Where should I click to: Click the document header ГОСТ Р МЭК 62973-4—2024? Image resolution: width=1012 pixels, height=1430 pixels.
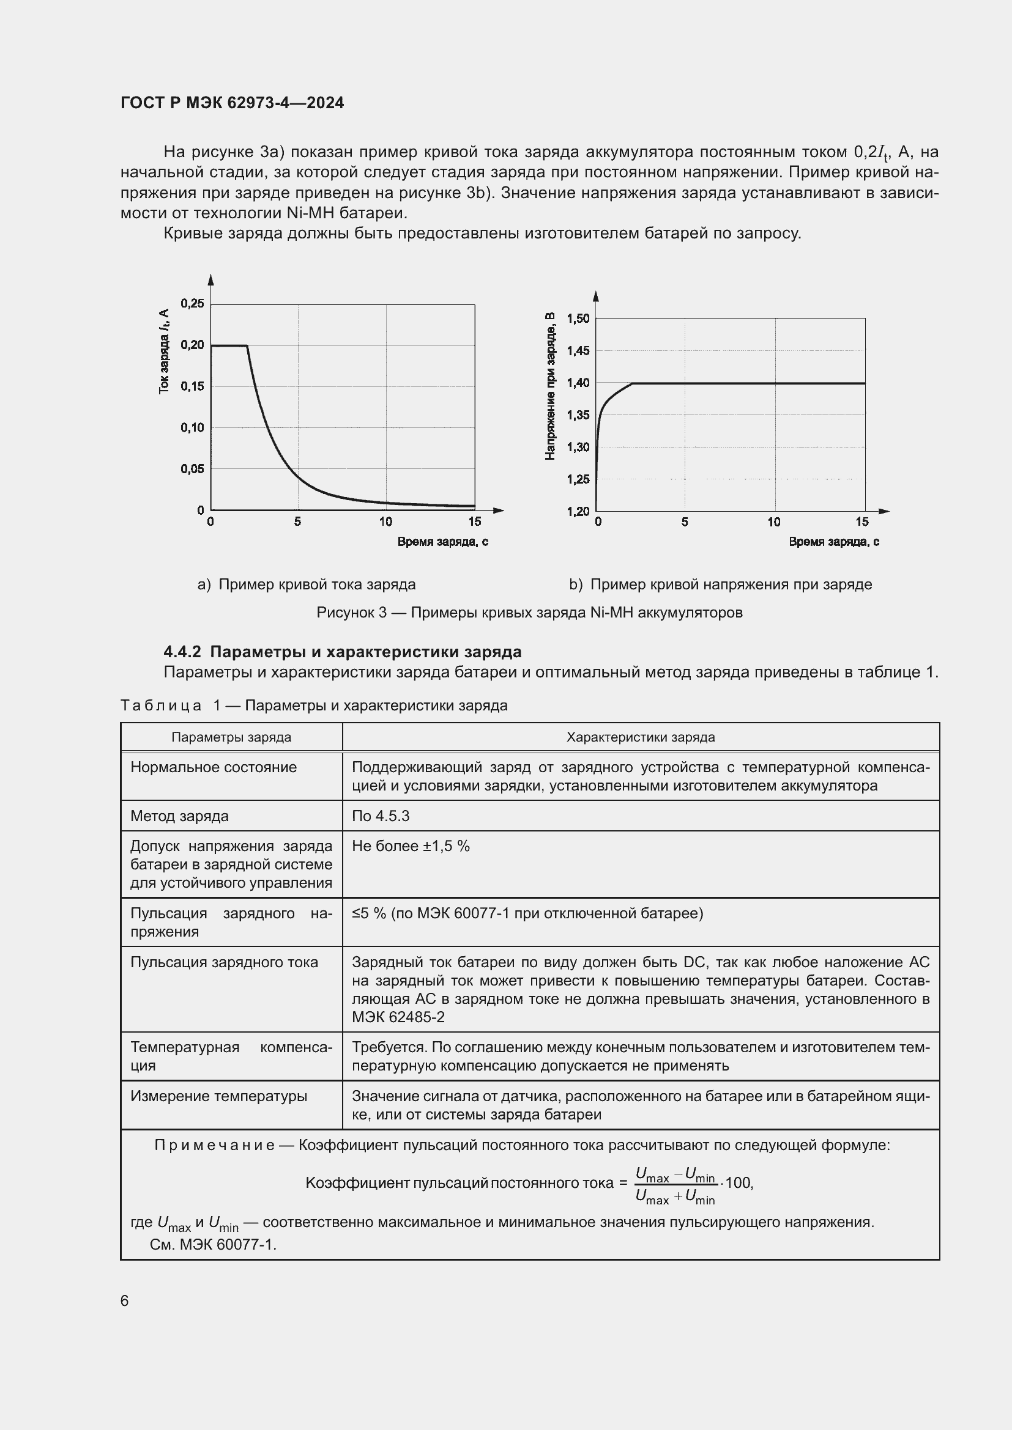pos(232,103)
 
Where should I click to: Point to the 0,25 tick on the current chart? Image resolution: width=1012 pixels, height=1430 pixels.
pos(192,303)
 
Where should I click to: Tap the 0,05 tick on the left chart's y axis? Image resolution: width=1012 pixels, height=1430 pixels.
pos(192,469)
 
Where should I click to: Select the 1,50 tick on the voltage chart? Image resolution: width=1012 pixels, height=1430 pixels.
pos(578,319)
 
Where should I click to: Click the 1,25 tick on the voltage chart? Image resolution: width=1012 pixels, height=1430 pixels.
pos(578,479)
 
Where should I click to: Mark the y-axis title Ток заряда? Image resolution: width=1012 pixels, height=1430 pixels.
pos(164,352)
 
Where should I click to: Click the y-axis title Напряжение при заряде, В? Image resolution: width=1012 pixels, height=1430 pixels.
pos(549,386)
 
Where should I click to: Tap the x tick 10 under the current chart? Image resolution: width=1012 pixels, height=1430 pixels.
pos(385,522)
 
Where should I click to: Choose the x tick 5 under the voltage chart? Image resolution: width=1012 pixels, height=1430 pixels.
pos(684,522)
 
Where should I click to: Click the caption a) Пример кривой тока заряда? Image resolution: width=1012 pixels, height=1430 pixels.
pos(307,584)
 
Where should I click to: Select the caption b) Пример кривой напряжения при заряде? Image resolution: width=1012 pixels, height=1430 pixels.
pos(720,584)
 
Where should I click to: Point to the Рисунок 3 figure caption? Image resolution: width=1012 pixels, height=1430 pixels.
pos(529,612)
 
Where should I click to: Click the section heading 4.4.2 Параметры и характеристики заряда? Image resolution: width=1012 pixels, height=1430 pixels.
pos(342,652)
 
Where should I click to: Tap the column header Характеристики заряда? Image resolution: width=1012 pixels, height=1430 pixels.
pos(640,737)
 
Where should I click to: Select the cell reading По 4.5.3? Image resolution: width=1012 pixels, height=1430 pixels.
pos(381,816)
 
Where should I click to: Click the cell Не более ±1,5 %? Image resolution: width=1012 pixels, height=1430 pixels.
pos(411,846)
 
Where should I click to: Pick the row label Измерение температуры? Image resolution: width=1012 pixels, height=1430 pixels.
pos(218,1096)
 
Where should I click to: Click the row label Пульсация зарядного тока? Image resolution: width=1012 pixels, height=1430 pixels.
pos(224,962)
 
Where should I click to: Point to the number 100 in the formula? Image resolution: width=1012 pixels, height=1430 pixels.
pos(739,1183)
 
